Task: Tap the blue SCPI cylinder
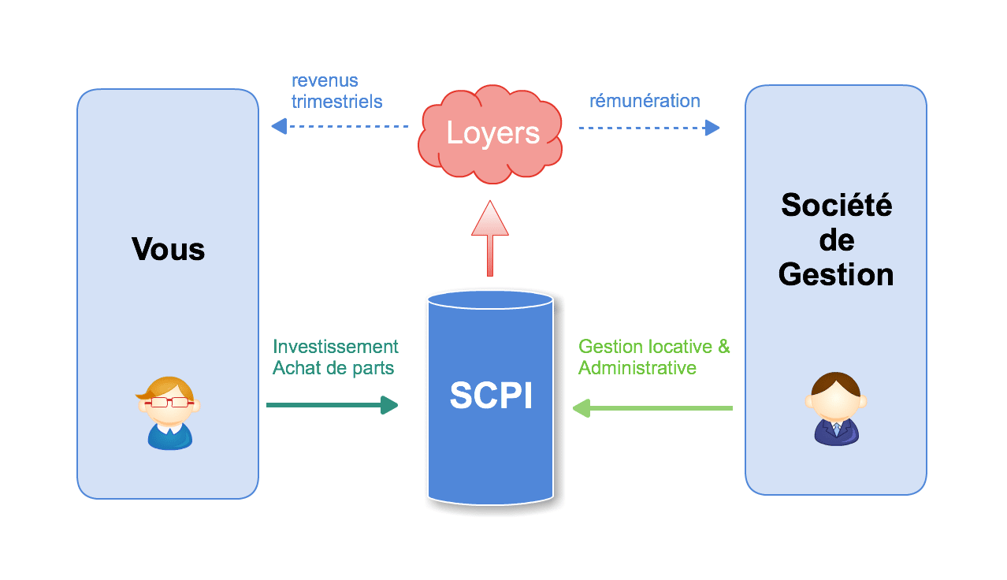pyautogui.click(x=490, y=398)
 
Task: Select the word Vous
pyautogui.click(x=168, y=249)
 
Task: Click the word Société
pyautogui.click(x=836, y=205)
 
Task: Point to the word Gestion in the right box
pyautogui.click(x=836, y=274)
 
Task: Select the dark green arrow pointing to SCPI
pyautogui.click(x=332, y=405)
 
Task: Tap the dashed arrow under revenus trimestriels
pyautogui.click(x=340, y=126)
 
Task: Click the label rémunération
pyautogui.click(x=645, y=101)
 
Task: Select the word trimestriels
pyautogui.click(x=336, y=102)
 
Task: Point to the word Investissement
pyautogui.click(x=336, y=347)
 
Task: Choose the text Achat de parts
pyautogui.click(x=333, y=368)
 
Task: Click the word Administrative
pyautogui.click(x=637, y=368)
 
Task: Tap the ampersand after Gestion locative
pyautogui.click(x=723, y=347)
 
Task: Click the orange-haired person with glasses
pyautogui.click(x=169, y=413)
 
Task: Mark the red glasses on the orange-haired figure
pyautogui.click(x=169, y=402)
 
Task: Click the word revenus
pyautogui.click(x=325, y=80)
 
